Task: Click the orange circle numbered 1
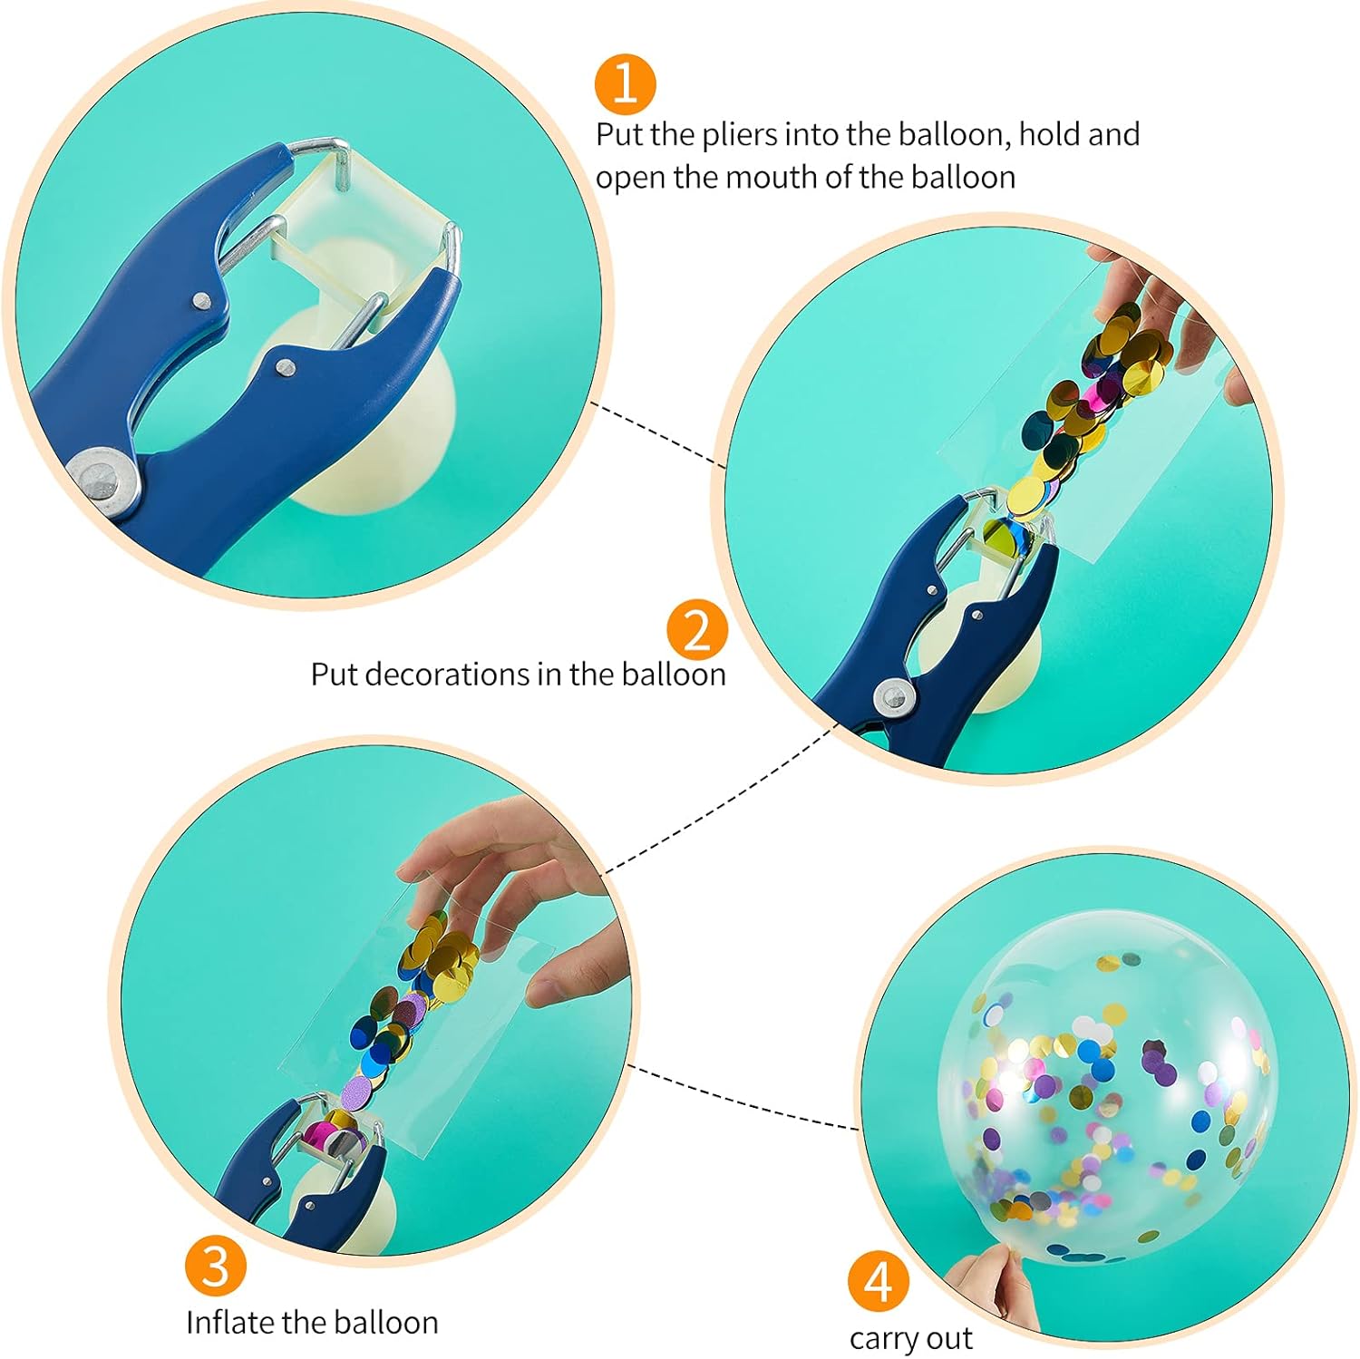click(x=626, y=84)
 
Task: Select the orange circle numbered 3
click(x=216, y=1266)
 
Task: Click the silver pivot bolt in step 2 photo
click(x=893, y=695)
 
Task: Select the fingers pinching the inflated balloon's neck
click(x=984, y=1287)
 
